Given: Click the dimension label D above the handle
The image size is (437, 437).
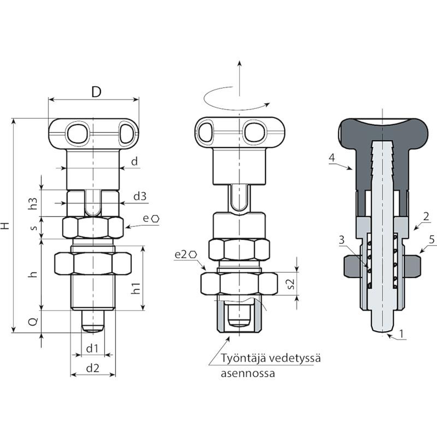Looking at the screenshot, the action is coord(96,92).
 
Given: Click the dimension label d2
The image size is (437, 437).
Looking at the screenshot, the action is coord(93,368).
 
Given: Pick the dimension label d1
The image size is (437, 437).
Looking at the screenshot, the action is coord(92,349).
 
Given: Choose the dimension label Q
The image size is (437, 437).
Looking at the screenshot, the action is coord(33,323).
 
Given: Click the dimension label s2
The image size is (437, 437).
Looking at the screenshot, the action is coord(291,284).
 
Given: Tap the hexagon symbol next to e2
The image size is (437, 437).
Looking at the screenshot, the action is coord(193,255).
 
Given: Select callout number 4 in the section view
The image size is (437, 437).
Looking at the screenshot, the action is coord(332,158).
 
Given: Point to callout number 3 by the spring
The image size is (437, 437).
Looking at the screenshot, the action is coord(342,240).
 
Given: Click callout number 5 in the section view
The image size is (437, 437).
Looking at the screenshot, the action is coord(432,240).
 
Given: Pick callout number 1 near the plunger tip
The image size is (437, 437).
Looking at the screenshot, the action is coord(401,334).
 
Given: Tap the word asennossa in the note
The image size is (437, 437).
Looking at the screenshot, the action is coord(248,373).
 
